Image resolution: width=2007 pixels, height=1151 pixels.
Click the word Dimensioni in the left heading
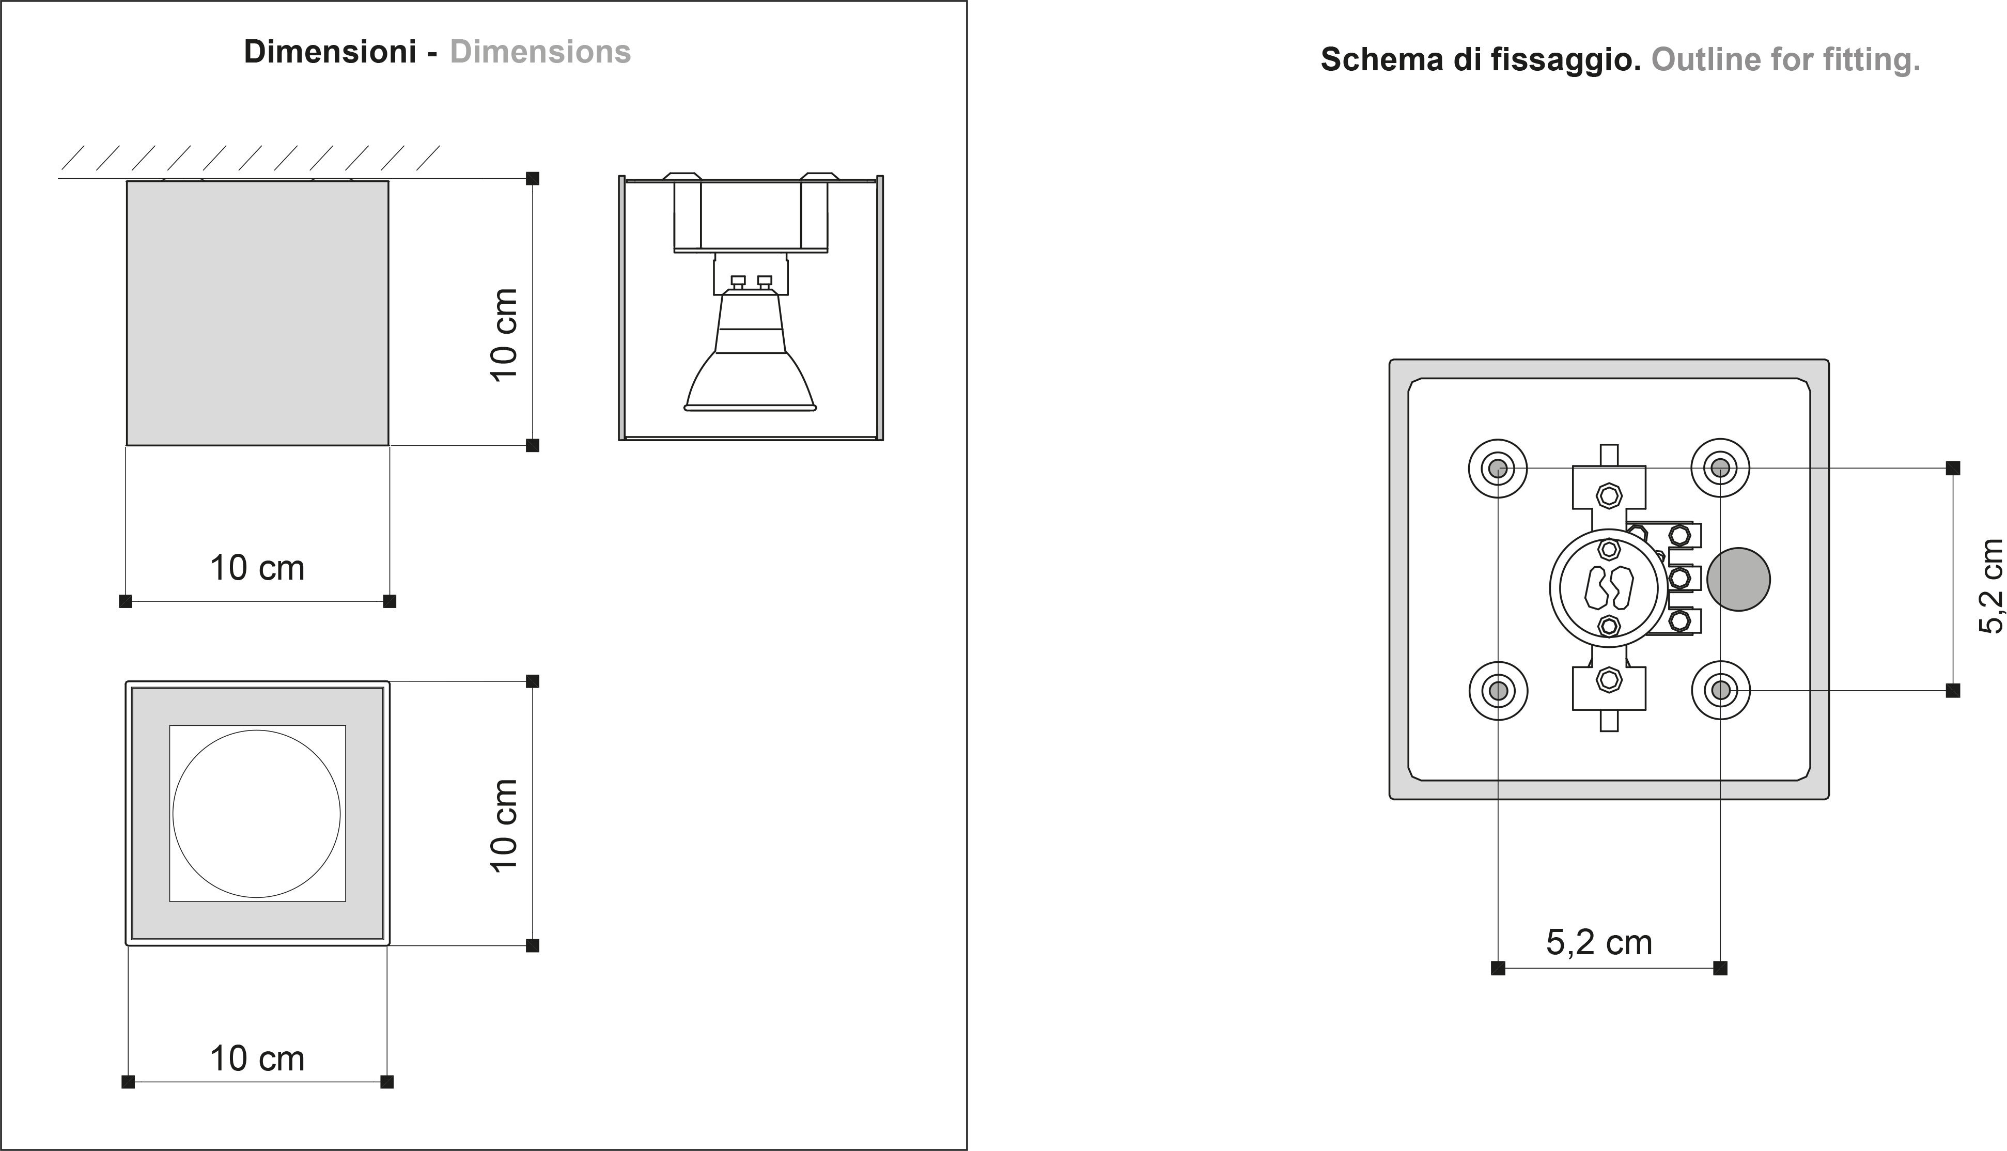coord(330,52)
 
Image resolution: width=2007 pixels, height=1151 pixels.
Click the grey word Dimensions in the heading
coord(541,52)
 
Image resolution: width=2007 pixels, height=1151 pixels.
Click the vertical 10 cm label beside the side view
coord(504,335)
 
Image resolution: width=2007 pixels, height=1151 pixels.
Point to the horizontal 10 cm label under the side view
coord(257,568)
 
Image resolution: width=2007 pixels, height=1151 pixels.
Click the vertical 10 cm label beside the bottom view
coord(504,826)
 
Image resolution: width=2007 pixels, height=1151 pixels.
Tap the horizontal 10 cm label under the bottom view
coord(257,1059)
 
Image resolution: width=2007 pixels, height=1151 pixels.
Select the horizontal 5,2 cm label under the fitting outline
coord(1599,942)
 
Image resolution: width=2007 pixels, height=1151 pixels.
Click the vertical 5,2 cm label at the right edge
coord(1991,586)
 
